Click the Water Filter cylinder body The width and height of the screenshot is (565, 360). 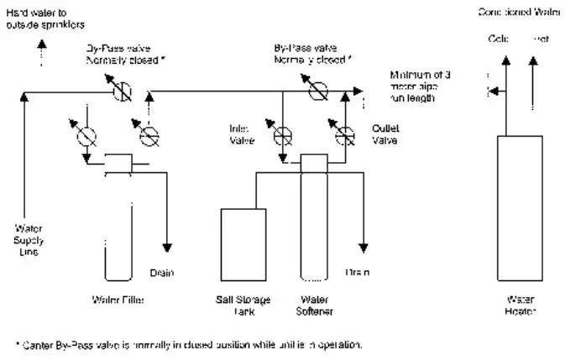tap(118, 227)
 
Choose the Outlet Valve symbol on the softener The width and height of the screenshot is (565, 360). tap(344, 132)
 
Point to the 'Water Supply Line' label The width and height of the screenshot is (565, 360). tap(29, 240)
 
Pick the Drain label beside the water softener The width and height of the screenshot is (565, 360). tap(358, 273)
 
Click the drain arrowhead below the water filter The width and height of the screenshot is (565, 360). tap(167, 248)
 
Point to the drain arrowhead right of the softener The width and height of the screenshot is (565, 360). tap(364, 248)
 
